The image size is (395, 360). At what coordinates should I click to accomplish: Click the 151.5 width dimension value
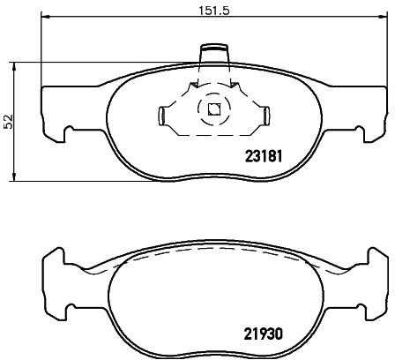tap(213, 11)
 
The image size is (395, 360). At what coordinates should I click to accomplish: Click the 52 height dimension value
tap(9, 121)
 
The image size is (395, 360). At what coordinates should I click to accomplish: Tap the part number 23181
tap(264, 156)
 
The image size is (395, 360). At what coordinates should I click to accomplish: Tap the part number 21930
tap(264, 334)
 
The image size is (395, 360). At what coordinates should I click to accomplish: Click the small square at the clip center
tap(213, 109)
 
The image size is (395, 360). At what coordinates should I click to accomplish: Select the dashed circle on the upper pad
tap(213, 109)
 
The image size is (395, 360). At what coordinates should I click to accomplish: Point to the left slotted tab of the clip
tap(163, 116)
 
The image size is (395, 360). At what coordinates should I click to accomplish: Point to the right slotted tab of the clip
tap(265, 116)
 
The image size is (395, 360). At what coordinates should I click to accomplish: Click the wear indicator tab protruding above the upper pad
tap(214, 54)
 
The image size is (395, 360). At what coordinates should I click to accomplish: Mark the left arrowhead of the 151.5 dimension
tap(45, 17)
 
